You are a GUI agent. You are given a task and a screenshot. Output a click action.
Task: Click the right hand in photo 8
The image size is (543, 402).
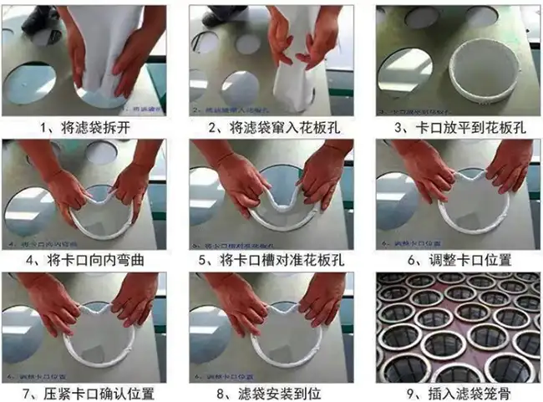321,301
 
